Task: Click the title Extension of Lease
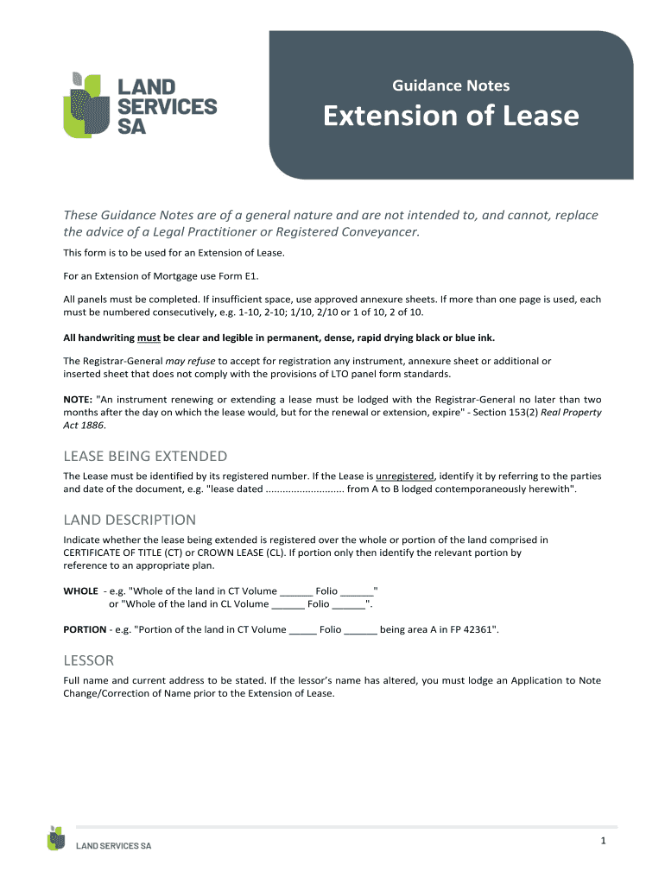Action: [x=451, y=116]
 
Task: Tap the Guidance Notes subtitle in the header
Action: [x=451, y=85]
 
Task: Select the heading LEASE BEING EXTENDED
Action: [x=145, y=456]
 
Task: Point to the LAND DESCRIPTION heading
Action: [x=130, y=520]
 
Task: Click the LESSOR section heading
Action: [x=89, y=660]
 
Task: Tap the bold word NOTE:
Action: [x=79, y=400]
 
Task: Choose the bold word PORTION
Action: [x=85, y=629]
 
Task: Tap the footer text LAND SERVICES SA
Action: [x=114, y=846]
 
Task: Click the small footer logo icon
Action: [x=57, y=838]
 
